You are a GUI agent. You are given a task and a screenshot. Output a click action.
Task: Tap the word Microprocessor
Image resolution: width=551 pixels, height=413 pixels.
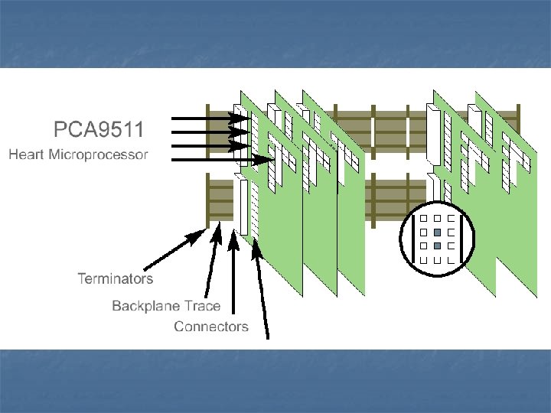[98, 156]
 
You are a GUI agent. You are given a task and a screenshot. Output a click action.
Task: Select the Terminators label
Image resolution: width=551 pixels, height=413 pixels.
[115, 278]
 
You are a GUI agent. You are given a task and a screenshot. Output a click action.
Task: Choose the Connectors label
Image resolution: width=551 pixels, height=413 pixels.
[211, 327]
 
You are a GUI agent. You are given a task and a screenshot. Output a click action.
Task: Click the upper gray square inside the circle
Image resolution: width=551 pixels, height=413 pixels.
[436, 232]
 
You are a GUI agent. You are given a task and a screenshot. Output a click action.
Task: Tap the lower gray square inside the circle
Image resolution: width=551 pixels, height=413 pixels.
[436, 246]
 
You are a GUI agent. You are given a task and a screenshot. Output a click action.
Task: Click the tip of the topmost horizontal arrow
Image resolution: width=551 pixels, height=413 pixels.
[249, 119]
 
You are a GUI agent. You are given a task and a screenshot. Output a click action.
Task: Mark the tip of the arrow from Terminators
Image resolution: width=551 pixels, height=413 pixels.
[207, 227]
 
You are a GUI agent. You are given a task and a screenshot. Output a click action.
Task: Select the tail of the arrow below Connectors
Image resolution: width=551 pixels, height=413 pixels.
[268, 337]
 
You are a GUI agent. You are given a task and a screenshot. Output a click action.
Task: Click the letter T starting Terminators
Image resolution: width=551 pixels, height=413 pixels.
[82, 278]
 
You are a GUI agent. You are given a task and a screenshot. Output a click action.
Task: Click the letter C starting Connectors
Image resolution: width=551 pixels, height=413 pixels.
[179, 327]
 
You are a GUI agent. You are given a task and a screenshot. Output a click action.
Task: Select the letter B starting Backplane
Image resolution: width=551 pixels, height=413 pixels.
[116, 306]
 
